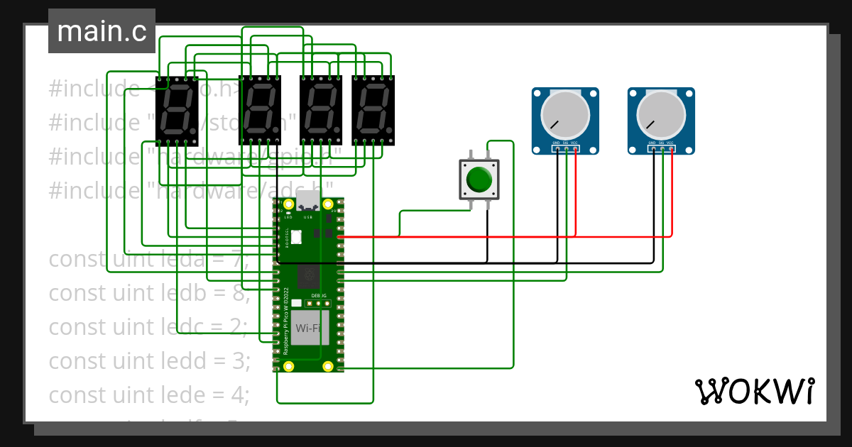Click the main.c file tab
coord(102,31)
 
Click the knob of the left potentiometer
coord(565,115)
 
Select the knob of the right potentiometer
coord(661,115)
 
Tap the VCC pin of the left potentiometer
coord(575,149)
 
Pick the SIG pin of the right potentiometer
coord(662,149)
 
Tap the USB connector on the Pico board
coord(308,201)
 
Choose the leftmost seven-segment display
coord(176,111)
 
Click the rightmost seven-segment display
coord(372,111)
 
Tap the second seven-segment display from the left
coord(259,111)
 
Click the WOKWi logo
coord(754,391)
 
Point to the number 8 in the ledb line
coord(236,292)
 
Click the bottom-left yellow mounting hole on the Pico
coord(289,366)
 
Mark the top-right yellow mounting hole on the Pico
coord(328,205)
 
